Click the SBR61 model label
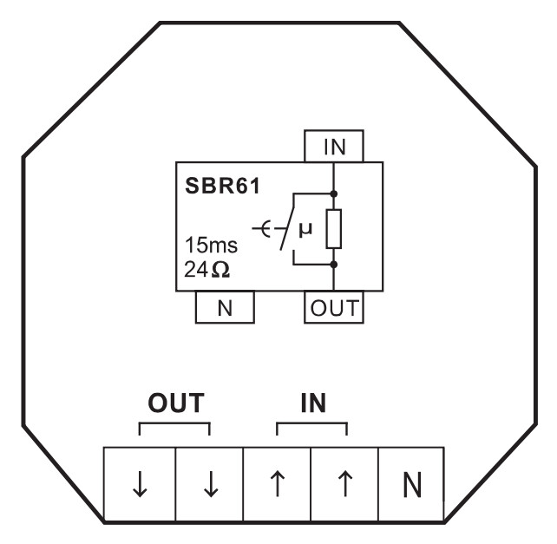(x=223, y=186)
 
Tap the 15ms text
(x=211, y=245)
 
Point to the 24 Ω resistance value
(x=206, y=269)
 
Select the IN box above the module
(x=334, y=146)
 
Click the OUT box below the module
(x=334, y=307)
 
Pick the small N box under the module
(x=225, y=307)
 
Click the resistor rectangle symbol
(x=334, y=229)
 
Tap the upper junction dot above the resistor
(x=333, y=193)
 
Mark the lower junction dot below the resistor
(x=333, y=265)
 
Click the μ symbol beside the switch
(x=305, y=230)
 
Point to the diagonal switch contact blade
(x=287, y=228)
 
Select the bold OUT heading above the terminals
(x=176, y=403)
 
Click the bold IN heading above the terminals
(x=313, y=403)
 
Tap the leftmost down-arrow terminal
(x=140, y=484)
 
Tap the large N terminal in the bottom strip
(x=412, y=484)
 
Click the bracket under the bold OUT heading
(x=174, y=423)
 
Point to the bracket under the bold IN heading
(x=311, y=423)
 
